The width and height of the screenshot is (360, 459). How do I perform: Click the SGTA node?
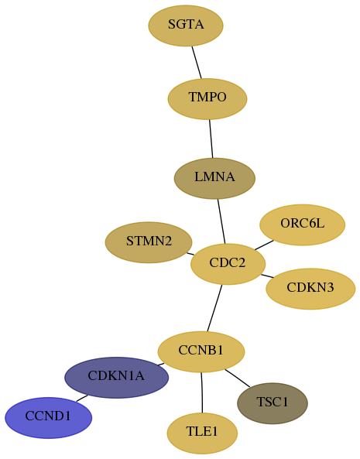coord(186,26)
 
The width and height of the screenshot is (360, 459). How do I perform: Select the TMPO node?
coord(207,99)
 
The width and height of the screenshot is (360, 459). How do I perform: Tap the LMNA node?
coord(214,179)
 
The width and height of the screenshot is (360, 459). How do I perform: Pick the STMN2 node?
coord(149,242)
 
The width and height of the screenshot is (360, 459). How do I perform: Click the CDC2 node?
coord(228,264)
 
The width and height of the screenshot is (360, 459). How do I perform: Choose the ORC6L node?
coord(303,224)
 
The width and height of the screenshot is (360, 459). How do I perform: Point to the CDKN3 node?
coord(310,289)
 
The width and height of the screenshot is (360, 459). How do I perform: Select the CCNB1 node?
coord(201,352)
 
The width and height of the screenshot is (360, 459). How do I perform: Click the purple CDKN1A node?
coord(116,378)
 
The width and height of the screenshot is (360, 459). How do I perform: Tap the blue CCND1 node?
coord(48,418)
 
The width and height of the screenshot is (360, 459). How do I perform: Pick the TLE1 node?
coord(202,433)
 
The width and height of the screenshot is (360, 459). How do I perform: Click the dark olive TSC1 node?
coord(273,403)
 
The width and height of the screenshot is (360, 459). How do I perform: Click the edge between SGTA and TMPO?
coord(197,63)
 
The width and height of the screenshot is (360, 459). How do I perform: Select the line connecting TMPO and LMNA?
coord(211,139)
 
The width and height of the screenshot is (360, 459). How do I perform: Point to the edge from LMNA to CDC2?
coord(221,221)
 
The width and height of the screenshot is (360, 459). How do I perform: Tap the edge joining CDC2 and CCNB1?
coord(214,308)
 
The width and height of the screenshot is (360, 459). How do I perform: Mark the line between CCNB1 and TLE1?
coord(201,392)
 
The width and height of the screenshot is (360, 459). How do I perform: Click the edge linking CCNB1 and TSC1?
coord(238,379)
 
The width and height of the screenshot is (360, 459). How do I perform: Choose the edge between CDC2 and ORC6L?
coord(264,245)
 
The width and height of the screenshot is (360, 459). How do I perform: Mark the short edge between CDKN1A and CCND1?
coord(81,399)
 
